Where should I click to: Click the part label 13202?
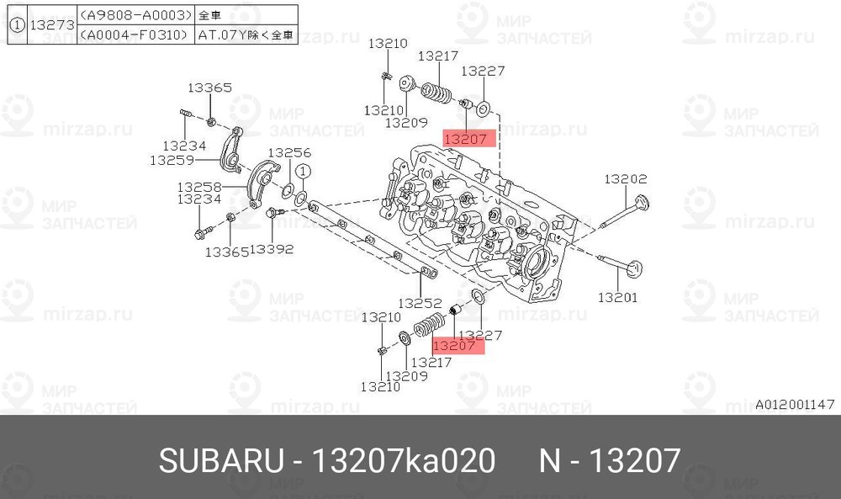(627, 178)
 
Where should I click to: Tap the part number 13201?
(618, 297)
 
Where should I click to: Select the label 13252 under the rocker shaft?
(420, 302)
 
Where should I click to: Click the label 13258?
(199, 186)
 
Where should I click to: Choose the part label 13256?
(289, 152)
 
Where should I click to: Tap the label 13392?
(271, 249)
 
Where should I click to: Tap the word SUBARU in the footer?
(220, 461)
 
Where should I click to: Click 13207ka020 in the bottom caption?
(404, 461)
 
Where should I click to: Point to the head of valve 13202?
(643, 204)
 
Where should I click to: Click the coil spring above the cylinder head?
(436, 92)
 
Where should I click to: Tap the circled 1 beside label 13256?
(304, 173)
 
